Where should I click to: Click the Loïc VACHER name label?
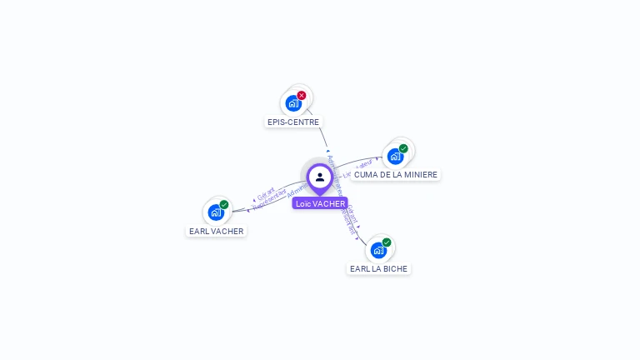click(x=320, y=203)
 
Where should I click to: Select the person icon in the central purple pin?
click(x=320, y=177)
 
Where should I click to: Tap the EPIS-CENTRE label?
click(x=293, y=122)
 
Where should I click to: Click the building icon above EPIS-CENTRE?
click(x=292, y=103)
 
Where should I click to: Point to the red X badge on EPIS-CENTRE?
click(x=302, y=95)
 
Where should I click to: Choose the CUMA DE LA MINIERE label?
click(x=395, y=174)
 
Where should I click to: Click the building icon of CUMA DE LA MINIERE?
click(x=395, y=156)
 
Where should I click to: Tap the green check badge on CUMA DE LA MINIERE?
click(x=403, y=148)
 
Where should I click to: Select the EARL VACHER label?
click(x=217, y=231)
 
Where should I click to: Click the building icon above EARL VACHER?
click(x=216, y=212)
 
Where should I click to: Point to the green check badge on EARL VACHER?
click(x=224, y=204)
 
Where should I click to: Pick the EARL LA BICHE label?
click(x=379, y=268)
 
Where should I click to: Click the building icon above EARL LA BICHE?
click(x=378, y=250)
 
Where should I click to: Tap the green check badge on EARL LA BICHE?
click(x=387, y=242)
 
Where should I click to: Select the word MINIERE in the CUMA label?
click(x=419, y=174)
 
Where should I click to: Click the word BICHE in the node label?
click(x=396, y=268)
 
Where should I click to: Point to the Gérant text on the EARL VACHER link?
click(x=266, y=194)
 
